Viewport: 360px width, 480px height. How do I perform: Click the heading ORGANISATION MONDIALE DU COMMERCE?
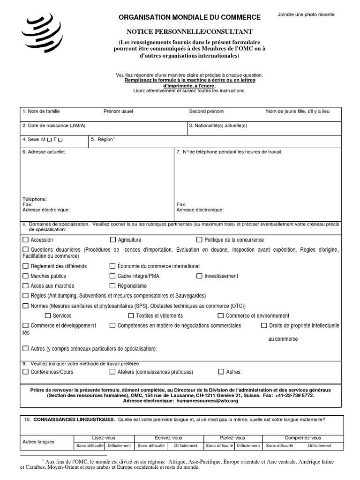point(190,17)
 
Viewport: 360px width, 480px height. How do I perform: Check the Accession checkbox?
point(25,240)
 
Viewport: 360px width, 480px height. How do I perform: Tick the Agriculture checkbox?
point(112,240)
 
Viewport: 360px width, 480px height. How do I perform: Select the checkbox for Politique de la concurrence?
point(199,240)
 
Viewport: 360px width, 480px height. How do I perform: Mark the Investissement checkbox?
point(199,276)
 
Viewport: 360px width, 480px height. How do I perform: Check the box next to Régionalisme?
point(112,286)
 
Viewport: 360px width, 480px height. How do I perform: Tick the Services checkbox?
point(48,316)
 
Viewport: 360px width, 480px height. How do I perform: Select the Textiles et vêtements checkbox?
point(134,316)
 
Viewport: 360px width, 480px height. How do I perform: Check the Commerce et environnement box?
point(221,316)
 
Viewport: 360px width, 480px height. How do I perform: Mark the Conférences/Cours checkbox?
point(25,372)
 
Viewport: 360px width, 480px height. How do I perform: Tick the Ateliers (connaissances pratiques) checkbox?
point(112,372)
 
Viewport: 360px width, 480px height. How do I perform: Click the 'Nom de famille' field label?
point(41,112)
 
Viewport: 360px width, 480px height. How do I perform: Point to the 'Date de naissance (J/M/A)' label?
point(54,126)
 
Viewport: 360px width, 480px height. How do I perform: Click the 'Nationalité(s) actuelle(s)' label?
point(218,126)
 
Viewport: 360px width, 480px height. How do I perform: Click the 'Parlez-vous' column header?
point(232,437)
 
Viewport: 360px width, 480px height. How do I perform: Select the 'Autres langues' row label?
point(38,442)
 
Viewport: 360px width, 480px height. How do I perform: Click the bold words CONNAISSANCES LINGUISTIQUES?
point(74,419)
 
